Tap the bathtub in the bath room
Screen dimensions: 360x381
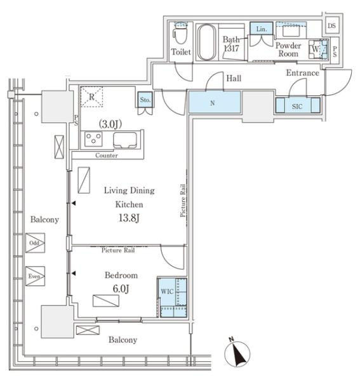pyautogui.click(x=206, y=43)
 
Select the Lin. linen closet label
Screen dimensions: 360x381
pyautogui.click(x=262, y=29)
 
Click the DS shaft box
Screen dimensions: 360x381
pyautogui.click(x=332, y=25)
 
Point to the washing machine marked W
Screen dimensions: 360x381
pyautogui.click(x=318, y=50)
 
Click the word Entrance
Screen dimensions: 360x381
pyautogui.click(x=302, y=72)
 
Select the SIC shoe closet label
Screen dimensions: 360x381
pyautogui.click(x=297, y=107)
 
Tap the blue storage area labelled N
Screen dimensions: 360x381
pyautogui.click(x=215, y=102)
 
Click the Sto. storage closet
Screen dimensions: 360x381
pyautogui.click(x=145, y=100)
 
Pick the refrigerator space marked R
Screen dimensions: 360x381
pyautogui.click(x=91, y=97)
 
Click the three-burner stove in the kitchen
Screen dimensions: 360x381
pyautogui.click(x=93, y=139)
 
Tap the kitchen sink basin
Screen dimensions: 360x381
pyautogui.click(x=125, y=140)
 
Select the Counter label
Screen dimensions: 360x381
pyautogui.click(x=107, y=156)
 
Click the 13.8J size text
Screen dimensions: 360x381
pyautogui.click(x=129, y=218)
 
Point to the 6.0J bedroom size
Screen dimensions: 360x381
pyautogui.click(x=121, y=289)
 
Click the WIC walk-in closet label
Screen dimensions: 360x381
pyautogui.click(x=167, y=291)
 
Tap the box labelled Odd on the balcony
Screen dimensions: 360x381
pyautogui.click(x=35, y=243)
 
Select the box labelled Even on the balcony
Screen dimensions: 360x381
pyautogui.click(x=35, y=276)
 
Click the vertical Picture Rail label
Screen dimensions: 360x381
pyautogui.click(x=183, y=201)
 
